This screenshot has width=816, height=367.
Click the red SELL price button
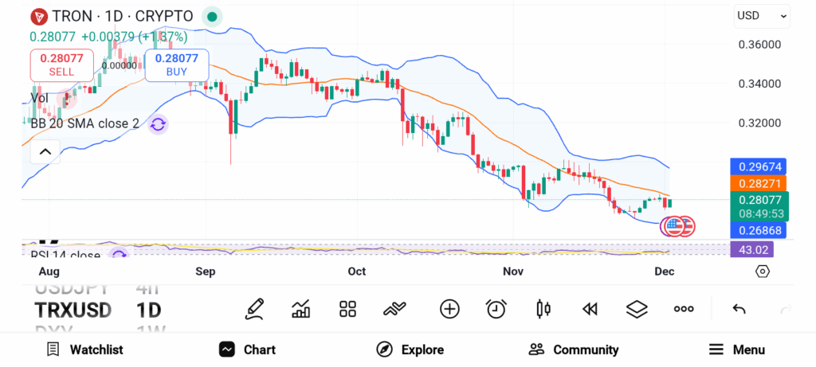[61, 64]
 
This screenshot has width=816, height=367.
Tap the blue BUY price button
[176, 64]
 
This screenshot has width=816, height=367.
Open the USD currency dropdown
[762, 15]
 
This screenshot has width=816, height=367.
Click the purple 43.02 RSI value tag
[751, 249]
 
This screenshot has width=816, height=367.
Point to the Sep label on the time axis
[206, 271]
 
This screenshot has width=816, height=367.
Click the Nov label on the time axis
[513, 271]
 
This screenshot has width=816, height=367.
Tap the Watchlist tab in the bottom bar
[84, 349]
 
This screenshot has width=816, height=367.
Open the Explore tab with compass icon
[410, 349]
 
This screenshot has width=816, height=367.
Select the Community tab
[574, 349]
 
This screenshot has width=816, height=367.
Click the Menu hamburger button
[737, 349]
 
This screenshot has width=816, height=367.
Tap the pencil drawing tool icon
[254, 309]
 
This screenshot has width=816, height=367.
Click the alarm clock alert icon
[496, 309]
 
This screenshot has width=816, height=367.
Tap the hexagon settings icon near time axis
[763, 271]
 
